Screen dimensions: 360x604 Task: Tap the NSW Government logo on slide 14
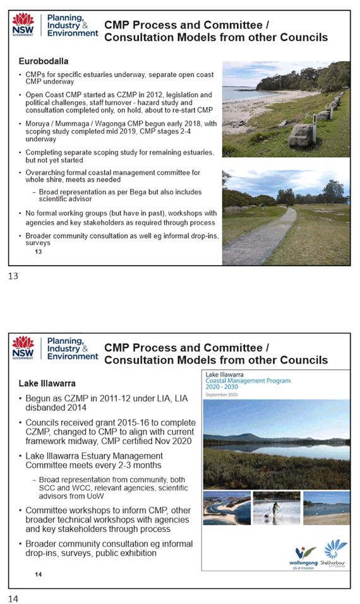[x=23, y=348]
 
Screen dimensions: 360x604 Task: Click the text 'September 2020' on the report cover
[x=224, y=394]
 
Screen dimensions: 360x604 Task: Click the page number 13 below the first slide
[x=13, y=276]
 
